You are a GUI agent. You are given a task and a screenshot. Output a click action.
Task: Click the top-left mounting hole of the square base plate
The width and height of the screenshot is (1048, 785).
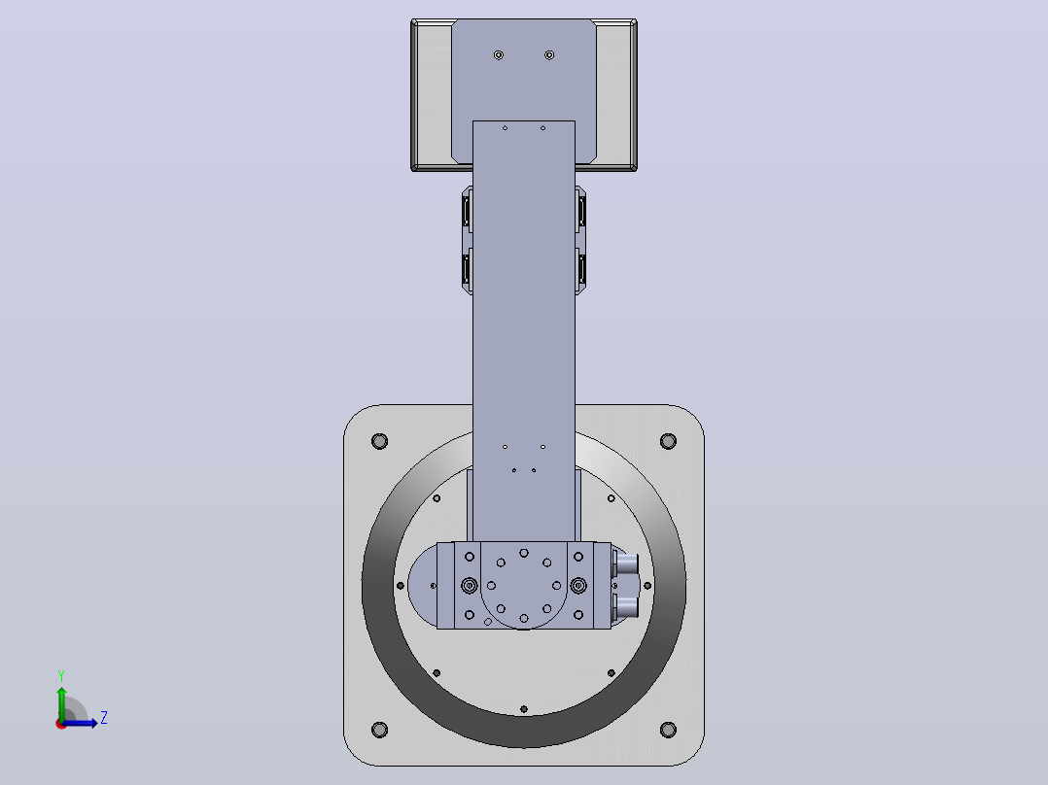pos(379,441)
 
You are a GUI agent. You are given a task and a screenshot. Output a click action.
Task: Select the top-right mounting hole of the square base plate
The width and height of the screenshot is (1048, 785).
pos(668,441)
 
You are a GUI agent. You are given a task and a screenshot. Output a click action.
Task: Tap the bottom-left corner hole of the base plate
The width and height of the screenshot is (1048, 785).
pos(379,730)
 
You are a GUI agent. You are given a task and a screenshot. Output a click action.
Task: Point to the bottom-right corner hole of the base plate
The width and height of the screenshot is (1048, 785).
pos(668,730)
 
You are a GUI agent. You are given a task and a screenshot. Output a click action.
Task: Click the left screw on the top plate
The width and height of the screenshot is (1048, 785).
pos(499,54)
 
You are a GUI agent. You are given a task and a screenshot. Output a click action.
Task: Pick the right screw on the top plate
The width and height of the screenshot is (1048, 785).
pos(549,54)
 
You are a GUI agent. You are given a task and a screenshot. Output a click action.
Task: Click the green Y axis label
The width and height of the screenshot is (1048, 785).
pos(61,675)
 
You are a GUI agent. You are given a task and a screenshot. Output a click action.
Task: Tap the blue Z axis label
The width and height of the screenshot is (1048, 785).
pos(104,718)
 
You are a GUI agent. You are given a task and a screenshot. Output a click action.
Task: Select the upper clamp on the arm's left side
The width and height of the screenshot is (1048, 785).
pos(468,211)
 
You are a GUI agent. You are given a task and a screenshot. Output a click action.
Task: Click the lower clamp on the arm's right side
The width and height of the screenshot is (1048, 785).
pos(580,271)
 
